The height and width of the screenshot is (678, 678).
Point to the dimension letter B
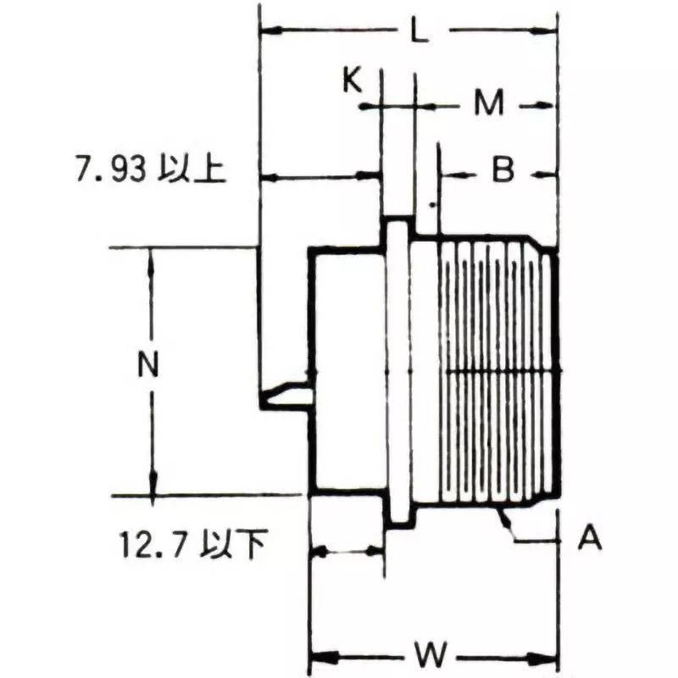pos(503,172)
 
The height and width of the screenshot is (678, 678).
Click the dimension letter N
pos(149,365)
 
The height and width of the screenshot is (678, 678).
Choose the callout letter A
pos(590,537)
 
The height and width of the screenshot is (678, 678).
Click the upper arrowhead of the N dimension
pos(152,257)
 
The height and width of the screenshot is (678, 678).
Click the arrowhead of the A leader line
pos(501,514)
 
